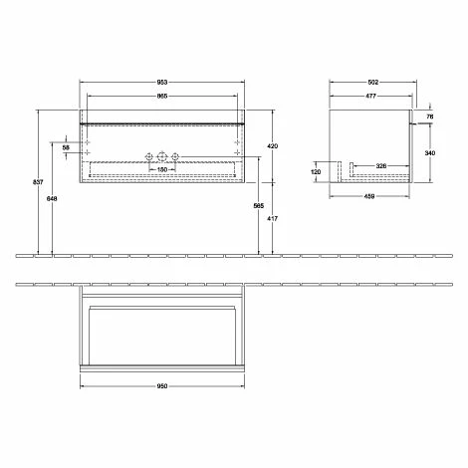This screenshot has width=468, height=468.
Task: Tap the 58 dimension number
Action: (x=66, y=147)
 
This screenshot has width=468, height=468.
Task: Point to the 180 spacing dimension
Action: (x=161, y=168)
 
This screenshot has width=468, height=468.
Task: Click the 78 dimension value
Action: (x=430, y=116)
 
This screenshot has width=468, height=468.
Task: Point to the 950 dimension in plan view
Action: (x=161, y=386)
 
